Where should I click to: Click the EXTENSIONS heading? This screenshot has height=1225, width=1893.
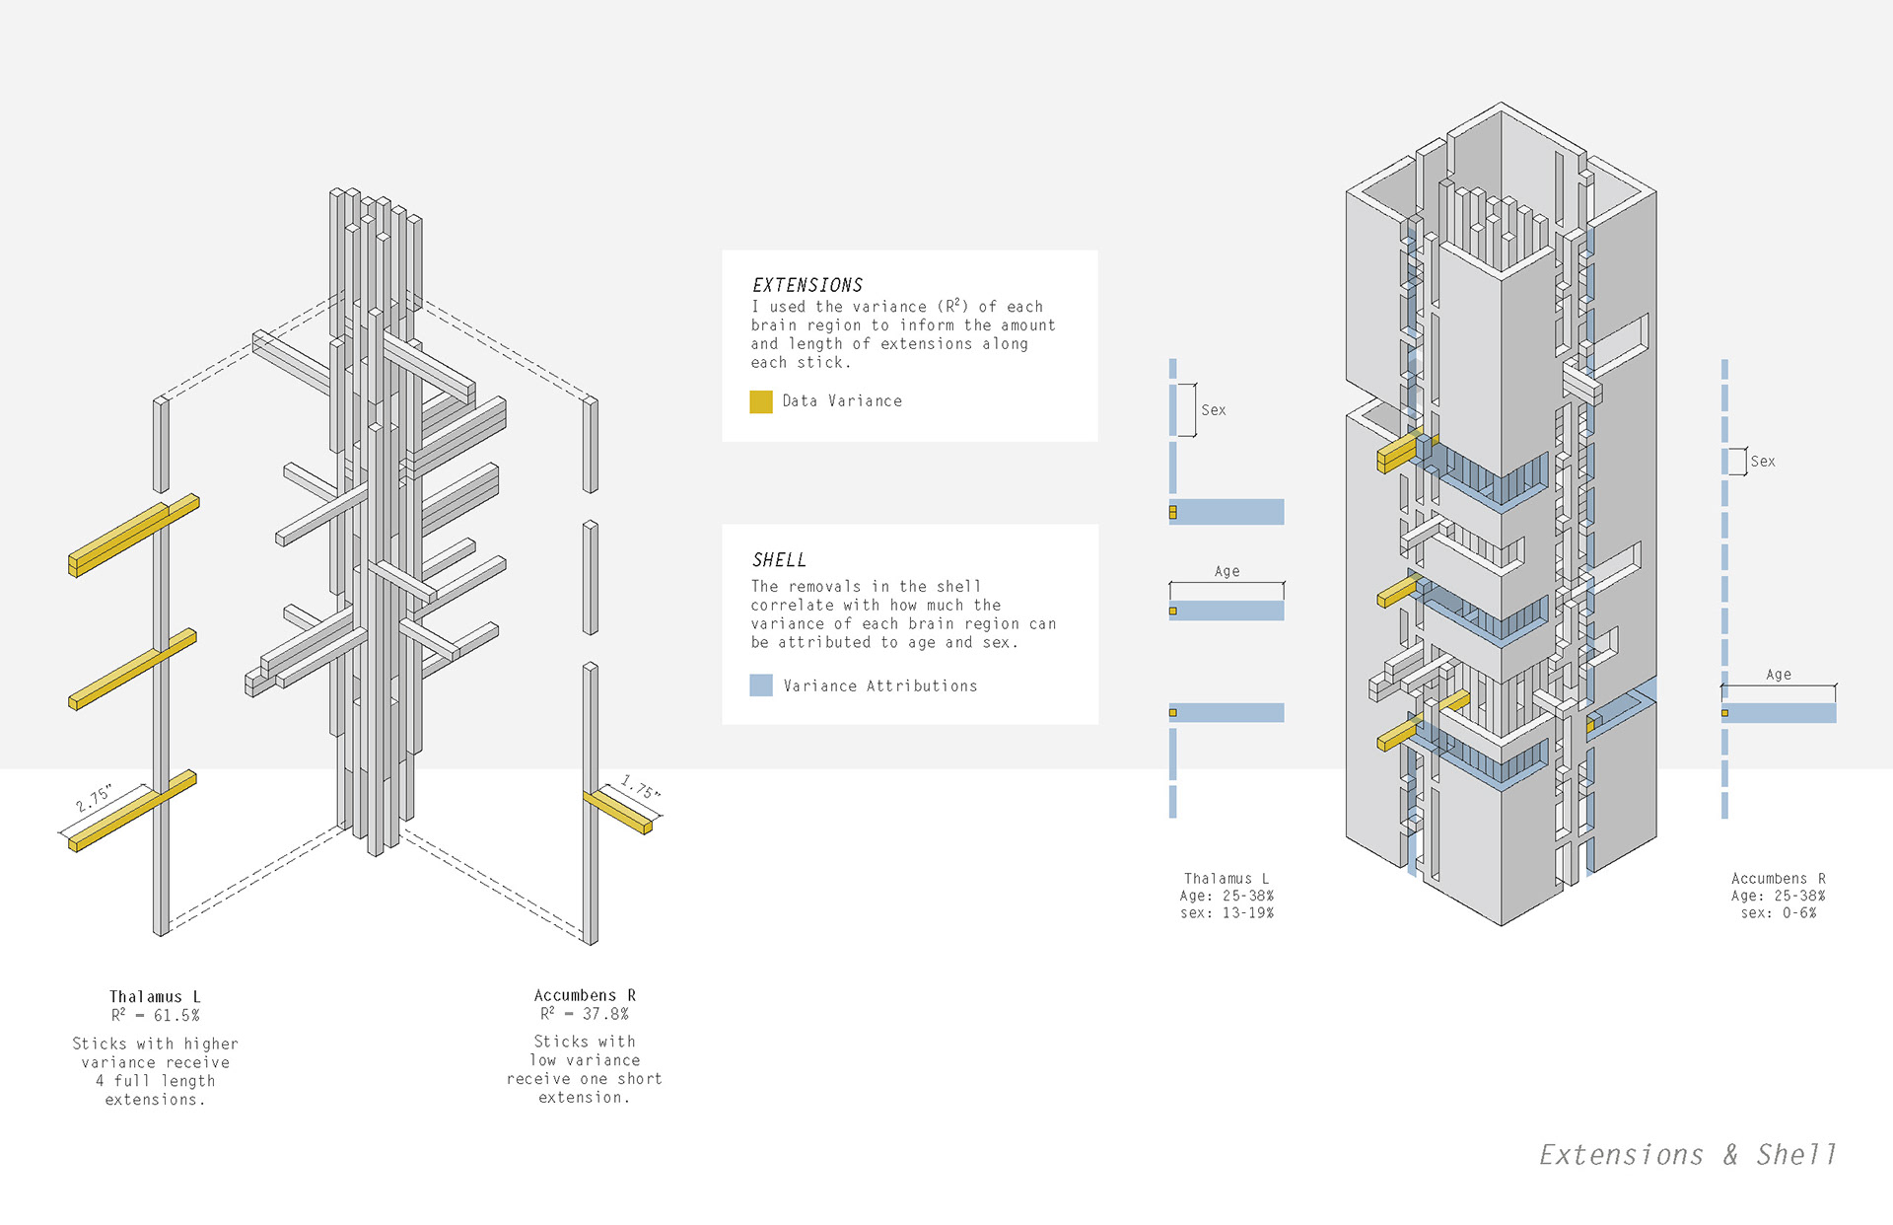(807, 285)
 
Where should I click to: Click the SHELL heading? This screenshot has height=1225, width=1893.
(779, 560)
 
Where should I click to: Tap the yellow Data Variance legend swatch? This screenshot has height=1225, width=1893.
(760, 401)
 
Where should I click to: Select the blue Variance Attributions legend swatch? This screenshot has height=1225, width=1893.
(760, 685)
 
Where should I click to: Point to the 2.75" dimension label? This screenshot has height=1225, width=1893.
(94, 798)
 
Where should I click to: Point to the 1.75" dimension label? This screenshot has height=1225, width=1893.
(640, 788)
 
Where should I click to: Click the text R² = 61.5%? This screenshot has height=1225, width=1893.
(155, 1015)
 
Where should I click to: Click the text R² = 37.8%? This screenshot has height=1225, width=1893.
(584, 1014)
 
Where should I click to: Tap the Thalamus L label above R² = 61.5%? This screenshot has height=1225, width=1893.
(155, 997)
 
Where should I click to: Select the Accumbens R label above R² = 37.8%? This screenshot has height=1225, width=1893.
(585, 995)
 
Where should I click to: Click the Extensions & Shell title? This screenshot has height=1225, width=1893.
(1687, 1155)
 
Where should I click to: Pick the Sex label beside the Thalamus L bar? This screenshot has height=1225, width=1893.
(1213, 410)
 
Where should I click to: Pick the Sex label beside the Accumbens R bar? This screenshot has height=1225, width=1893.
(1762, 462)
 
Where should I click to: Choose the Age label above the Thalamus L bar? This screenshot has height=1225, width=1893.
(1227, 571)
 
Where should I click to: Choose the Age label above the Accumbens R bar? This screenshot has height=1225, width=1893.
(1778, 675)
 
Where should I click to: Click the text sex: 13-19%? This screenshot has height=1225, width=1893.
(1227, 913)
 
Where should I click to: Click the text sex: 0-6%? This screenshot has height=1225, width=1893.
(1778, 913)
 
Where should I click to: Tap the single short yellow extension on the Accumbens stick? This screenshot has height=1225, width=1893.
(619, 811)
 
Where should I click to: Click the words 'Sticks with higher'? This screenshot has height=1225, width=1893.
(155, 1044)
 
